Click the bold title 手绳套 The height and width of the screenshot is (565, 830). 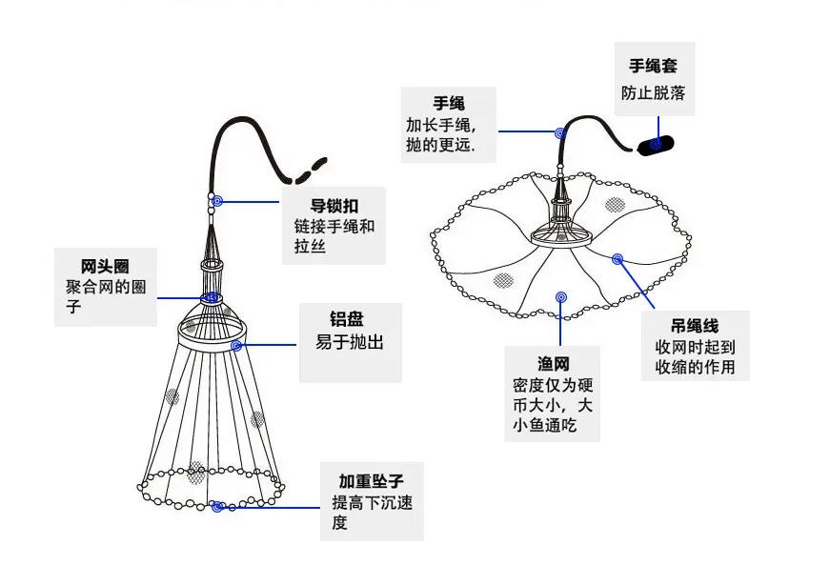[x=653, y=67]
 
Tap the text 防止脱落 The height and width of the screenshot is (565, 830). [x=653, y=93]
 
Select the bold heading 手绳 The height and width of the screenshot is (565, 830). [x=449, y=103]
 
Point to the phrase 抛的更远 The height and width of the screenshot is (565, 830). [x=439, y=145]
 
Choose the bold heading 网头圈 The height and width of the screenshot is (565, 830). [x=105, y=265]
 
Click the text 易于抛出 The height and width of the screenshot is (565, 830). [x=350, y=343]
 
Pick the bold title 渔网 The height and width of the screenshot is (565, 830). [x=553, y=363]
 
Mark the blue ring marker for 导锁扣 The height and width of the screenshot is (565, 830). [x=217, y=201]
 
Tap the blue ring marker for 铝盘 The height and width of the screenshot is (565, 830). [x=234, y=343]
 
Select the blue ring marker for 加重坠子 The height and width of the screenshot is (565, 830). [x=218, y=507]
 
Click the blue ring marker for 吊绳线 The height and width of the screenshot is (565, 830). [x=617, y=258]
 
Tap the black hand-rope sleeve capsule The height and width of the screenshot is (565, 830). [x=655, y=144]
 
